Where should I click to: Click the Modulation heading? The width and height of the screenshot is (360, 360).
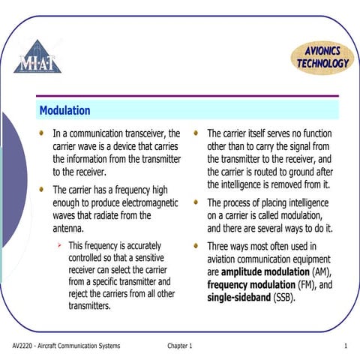pos(64,110)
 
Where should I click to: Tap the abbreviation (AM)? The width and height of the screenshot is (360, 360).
pos(320,271)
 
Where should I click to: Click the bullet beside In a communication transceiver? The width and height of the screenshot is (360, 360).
pos(43,133)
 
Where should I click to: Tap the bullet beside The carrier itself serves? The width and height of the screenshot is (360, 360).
pos(196,133)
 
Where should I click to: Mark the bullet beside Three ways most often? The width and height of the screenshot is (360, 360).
pos(196,245)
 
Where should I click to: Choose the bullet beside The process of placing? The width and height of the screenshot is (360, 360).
pos(196,202)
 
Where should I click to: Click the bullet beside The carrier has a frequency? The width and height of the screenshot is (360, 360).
pos(43,190)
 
